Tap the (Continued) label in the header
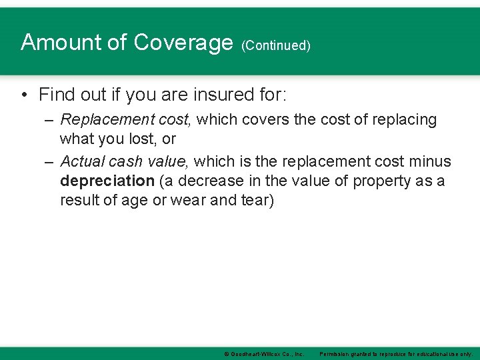276,45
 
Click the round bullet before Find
24,95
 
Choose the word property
381,181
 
